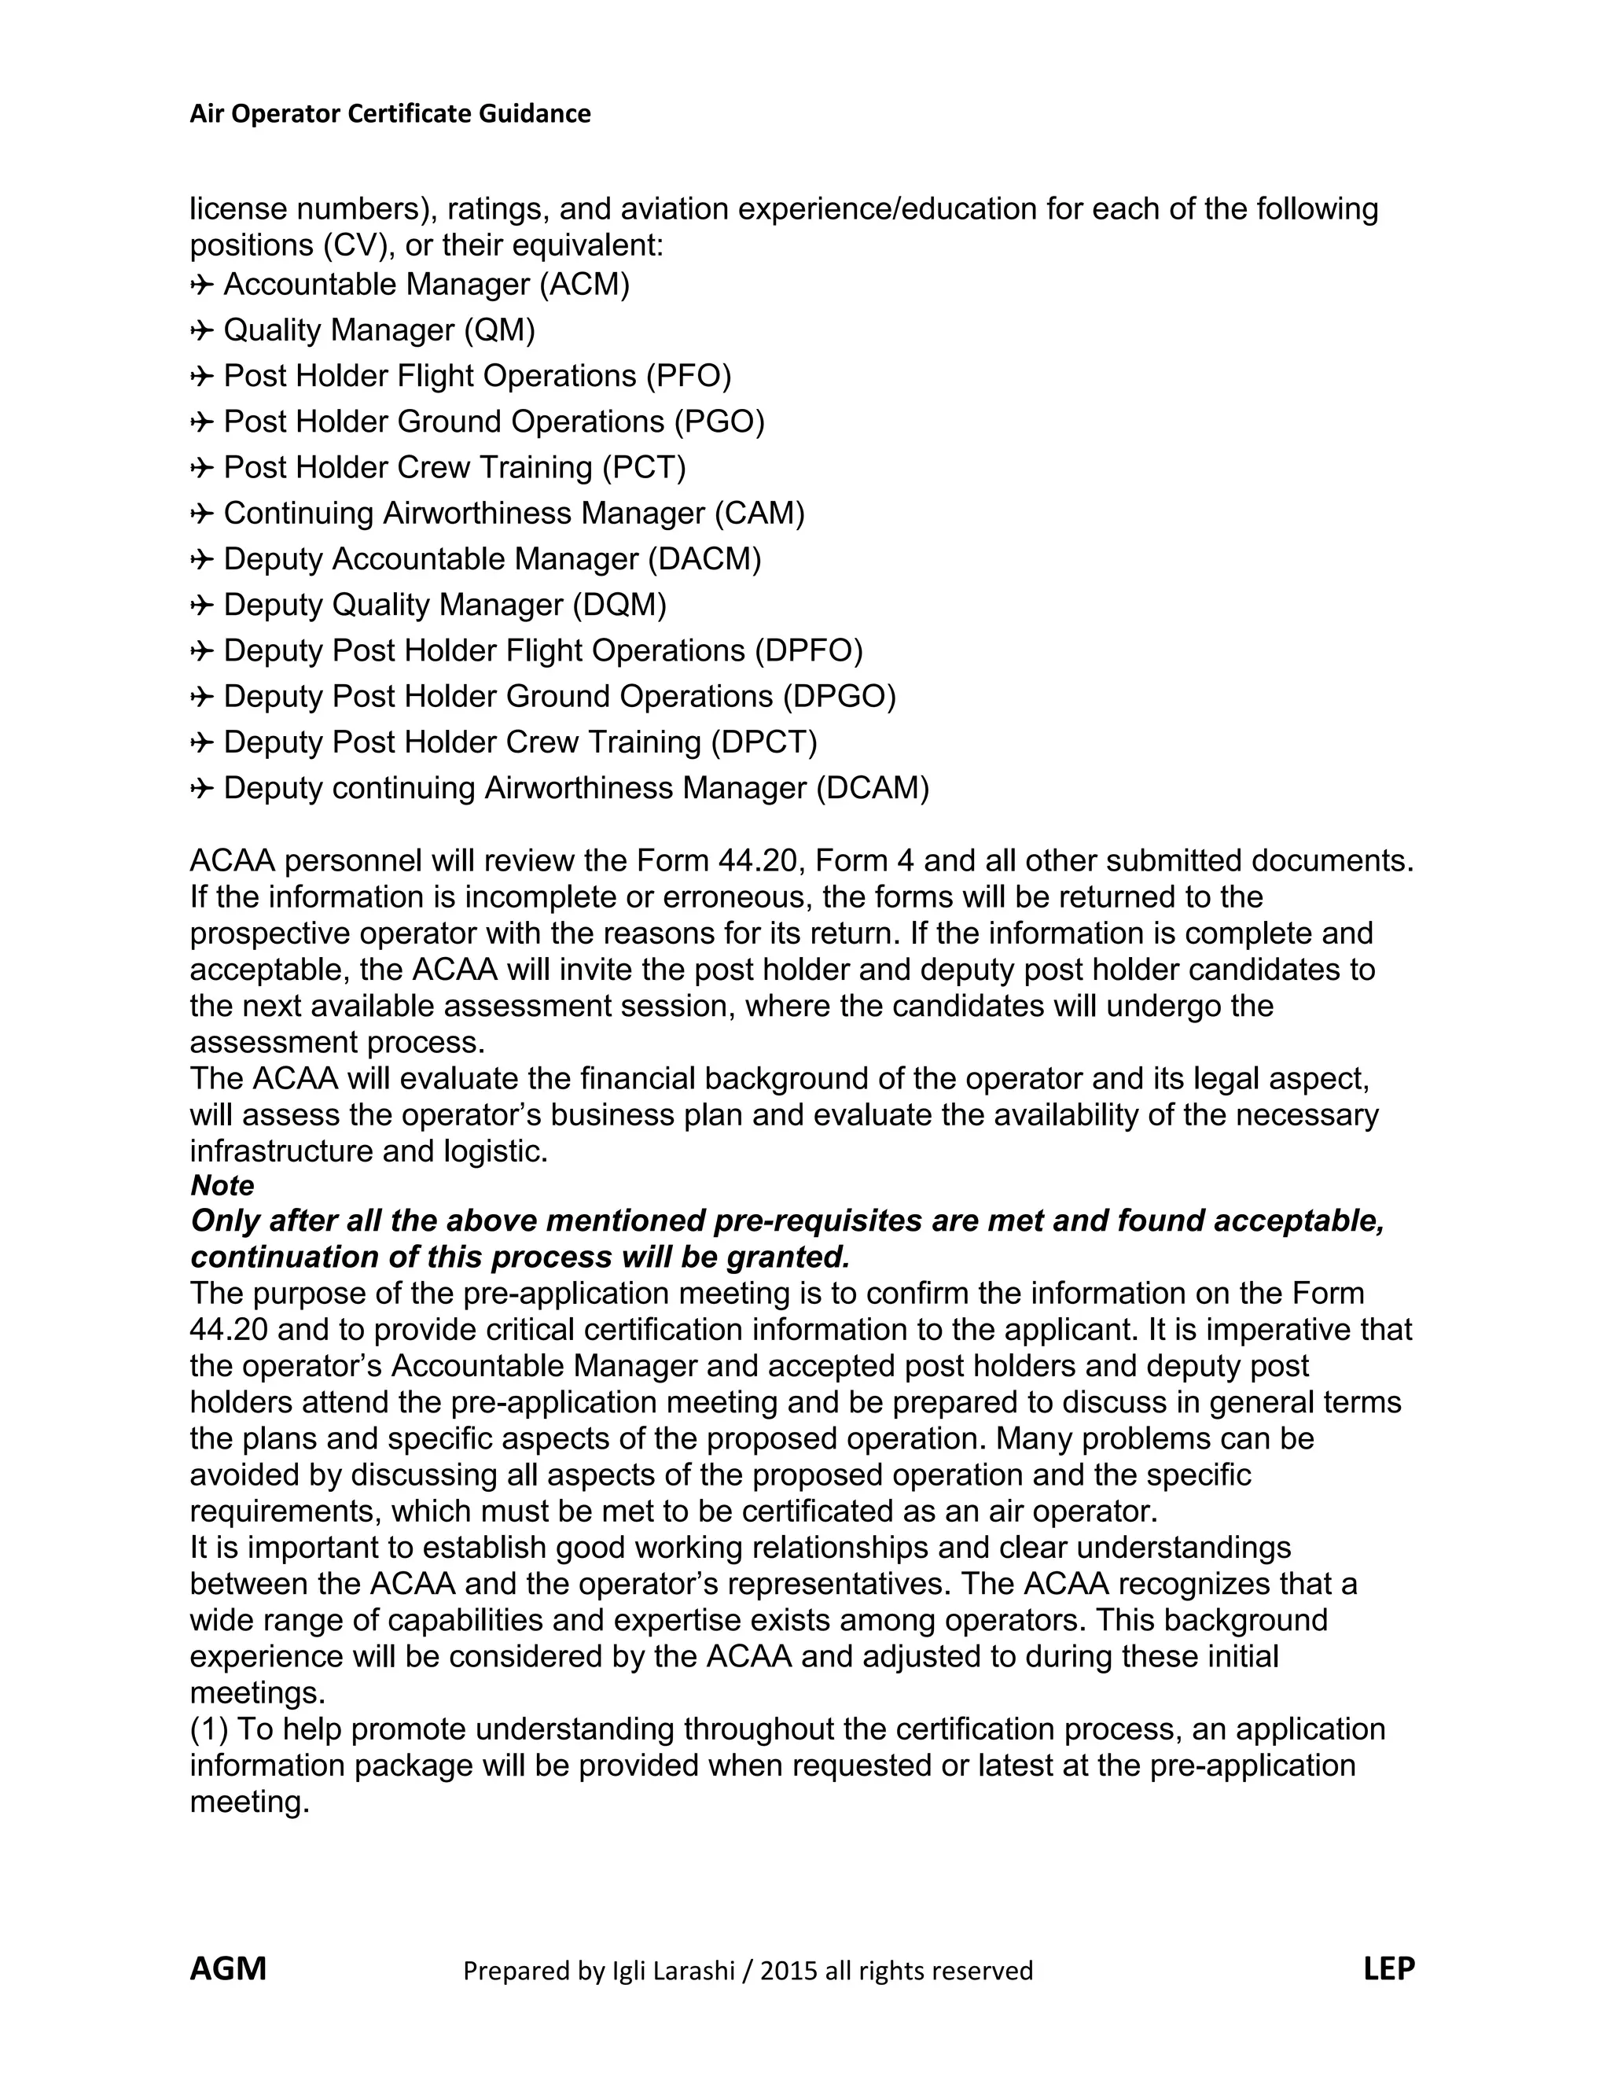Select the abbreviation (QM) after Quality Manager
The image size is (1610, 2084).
(500, 330)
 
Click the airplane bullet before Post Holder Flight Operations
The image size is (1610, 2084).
(201, 377)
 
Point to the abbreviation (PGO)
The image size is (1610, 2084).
(719, 422)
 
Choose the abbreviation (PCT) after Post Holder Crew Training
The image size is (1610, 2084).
(644, 468)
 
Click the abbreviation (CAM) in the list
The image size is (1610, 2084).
(759, 514)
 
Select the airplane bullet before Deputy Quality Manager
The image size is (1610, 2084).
(201, 606)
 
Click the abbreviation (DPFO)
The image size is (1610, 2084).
(808, 651)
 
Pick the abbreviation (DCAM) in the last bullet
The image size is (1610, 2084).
(872, 788)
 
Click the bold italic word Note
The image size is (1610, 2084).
(222, 1185)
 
